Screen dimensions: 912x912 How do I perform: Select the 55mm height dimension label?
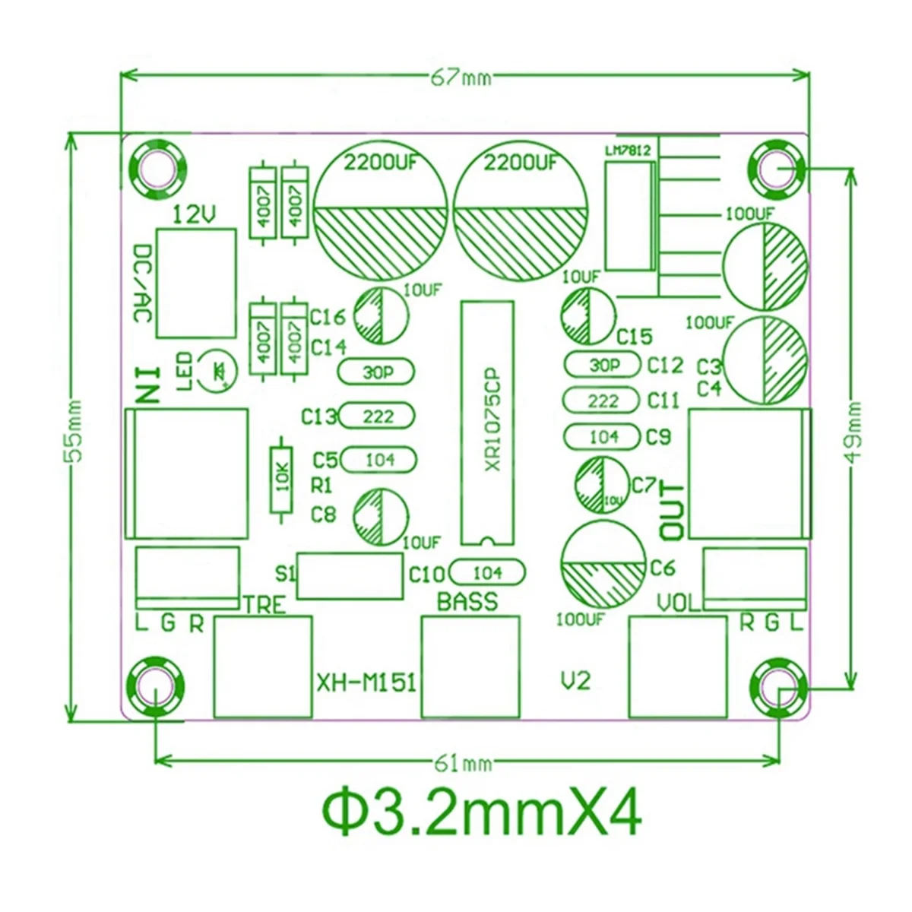coord(74,430)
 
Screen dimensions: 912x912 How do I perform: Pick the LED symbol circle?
coord(218,370)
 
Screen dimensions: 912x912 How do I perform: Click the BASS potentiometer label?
coord(467,601)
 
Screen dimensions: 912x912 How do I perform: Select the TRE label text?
coord(264,605)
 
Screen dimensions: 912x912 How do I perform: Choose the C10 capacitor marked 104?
coord(487,572)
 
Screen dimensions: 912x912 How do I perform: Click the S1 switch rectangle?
coord(349,575)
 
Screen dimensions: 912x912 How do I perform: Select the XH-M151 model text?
coord(366,682)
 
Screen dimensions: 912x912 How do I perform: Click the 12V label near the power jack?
coord(195,214)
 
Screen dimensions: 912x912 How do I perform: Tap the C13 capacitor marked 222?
coord(377,416)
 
